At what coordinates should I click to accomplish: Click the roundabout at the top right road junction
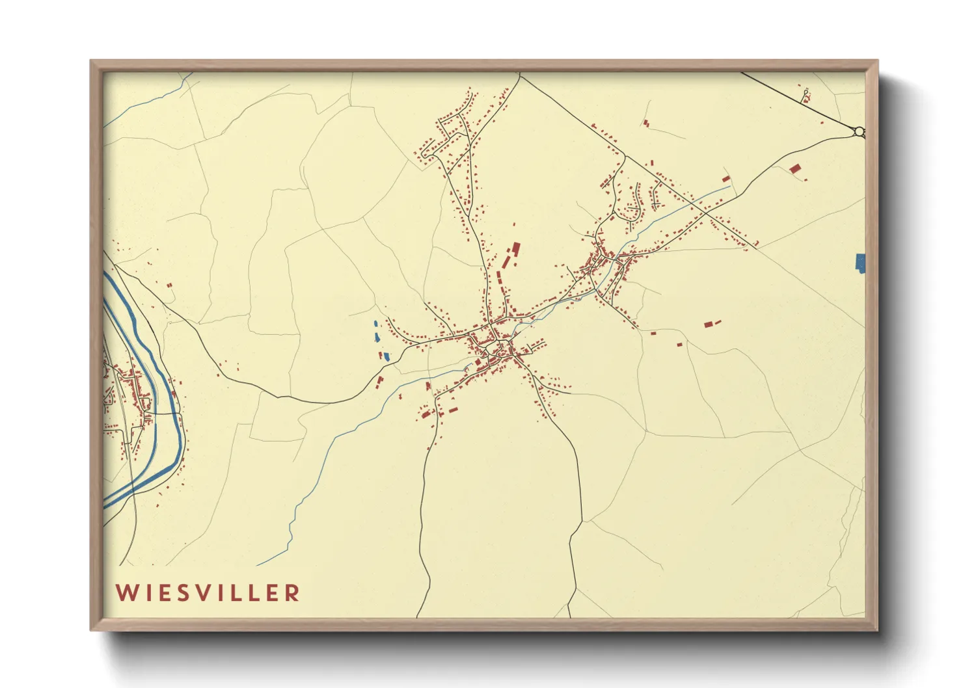[860, 132]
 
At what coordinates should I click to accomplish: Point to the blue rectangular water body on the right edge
[860, 263]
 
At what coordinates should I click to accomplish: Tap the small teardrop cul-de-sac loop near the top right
[806, 95]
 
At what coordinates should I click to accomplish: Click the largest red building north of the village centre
[517, 248]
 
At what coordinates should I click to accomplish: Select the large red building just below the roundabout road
[794, 168]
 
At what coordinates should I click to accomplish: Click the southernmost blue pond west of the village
[385, 356]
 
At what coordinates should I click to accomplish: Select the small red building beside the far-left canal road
[170, 285]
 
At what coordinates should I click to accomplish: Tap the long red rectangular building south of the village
[450, 410]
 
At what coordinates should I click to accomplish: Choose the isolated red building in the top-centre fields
[645, 122]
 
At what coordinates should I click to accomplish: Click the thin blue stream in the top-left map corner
[150, 97]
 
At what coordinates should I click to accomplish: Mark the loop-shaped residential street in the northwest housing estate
[427, 152]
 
